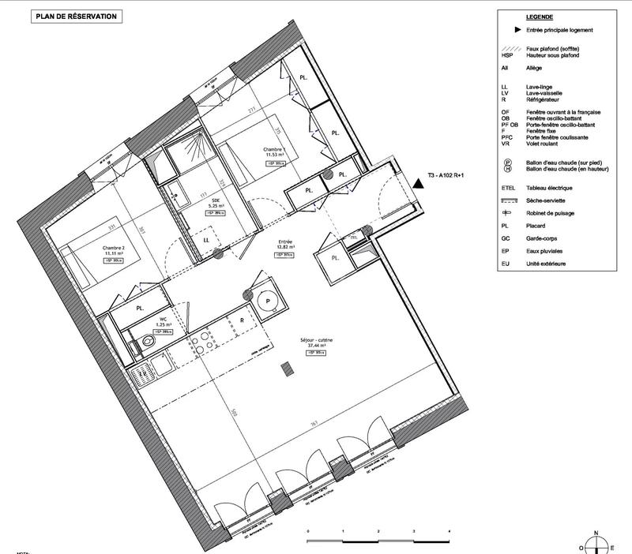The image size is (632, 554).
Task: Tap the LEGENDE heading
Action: (x=538, y=17)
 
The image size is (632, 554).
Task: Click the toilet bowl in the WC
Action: (x=149, y=343)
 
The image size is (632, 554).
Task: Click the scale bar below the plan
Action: (x=378, y=539)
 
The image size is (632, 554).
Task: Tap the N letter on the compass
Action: (x=597, y=532)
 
